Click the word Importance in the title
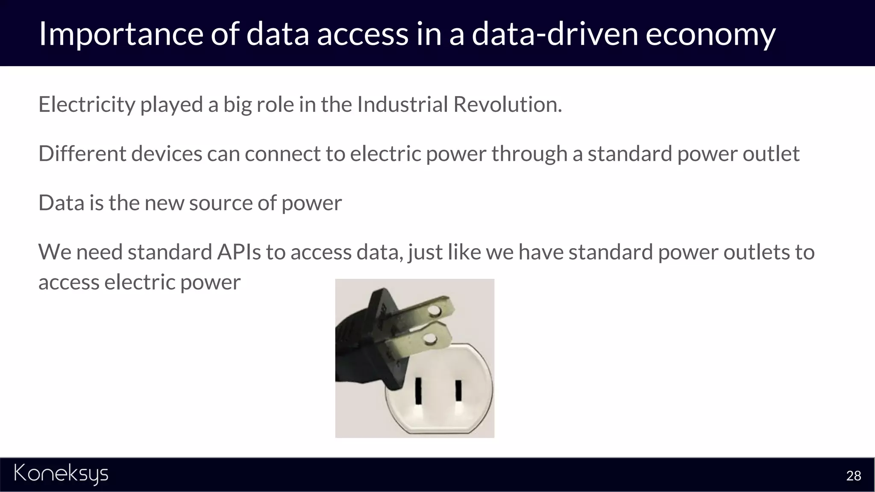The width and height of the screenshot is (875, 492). (x=120, y=34)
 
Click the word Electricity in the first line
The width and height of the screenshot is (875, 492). (x=87, y=105)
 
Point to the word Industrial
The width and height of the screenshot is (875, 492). (x=402, y=105)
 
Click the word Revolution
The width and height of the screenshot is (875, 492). (x=507, y=105)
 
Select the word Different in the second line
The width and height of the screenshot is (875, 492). (x=82, y=154)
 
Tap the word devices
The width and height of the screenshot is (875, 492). (x=167, y=154)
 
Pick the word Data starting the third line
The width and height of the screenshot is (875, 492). (x=61, y=203)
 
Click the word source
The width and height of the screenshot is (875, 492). (x=220, y=203)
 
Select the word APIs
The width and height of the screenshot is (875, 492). (x=239, y=252)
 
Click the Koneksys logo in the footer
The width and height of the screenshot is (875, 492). (x=61, y=474)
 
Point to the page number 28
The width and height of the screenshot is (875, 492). (x=853, y=476)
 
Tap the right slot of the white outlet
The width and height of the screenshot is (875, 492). (x=458, y=390)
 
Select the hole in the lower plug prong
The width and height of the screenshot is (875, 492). (x=430, y=340)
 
